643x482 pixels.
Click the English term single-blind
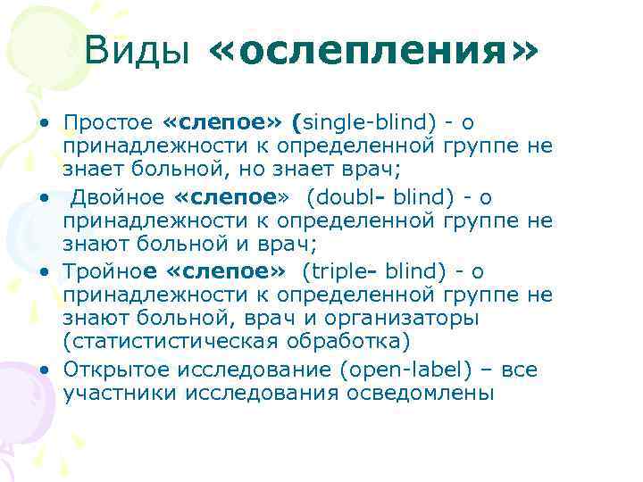point(362,122)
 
